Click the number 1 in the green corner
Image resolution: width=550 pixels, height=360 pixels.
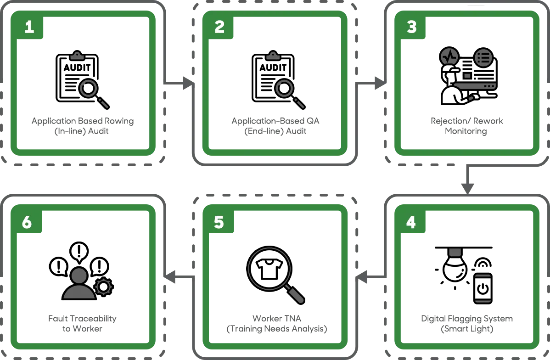pyautogui.click(x=29, y=28)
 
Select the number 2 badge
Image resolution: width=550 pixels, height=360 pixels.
pyautogui.click(x=219, y=28)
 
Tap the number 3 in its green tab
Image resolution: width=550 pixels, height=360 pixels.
pyautogui.click(x=411, y=28)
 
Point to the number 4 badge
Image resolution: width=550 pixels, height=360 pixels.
pyautogui.click(x=411, y=223)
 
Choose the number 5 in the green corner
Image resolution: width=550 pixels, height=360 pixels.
pyautogui.click(x=219, y=223)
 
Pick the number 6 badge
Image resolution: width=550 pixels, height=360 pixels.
pyautogui.click(x=27, y=223)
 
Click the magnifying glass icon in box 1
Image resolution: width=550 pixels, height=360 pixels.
pyautogui.click(x=93, y=93)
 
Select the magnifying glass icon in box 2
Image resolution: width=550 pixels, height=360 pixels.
pyautogui.click(x=289, y=93)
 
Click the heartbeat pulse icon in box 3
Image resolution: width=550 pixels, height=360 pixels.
pyautogui.click(x=449, y=57)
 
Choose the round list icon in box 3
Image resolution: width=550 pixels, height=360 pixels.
pyautogui.click(x=483, y=57)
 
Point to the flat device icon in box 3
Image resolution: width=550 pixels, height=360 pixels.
pyautogui.click(x=475, y=85)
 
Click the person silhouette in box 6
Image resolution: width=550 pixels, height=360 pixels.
pyautogui.click(x=79, y=284)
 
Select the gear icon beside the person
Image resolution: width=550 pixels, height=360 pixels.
pyautogui.click(x=104, y=287)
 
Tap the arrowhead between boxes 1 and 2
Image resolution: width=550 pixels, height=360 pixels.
pyautogui.click(x=185, y=83)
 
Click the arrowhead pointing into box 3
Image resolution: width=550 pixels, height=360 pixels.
pyautogui.click(x=379, y=83)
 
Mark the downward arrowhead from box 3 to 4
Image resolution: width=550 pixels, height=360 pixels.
pyautogui.click(x=467, y=184)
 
